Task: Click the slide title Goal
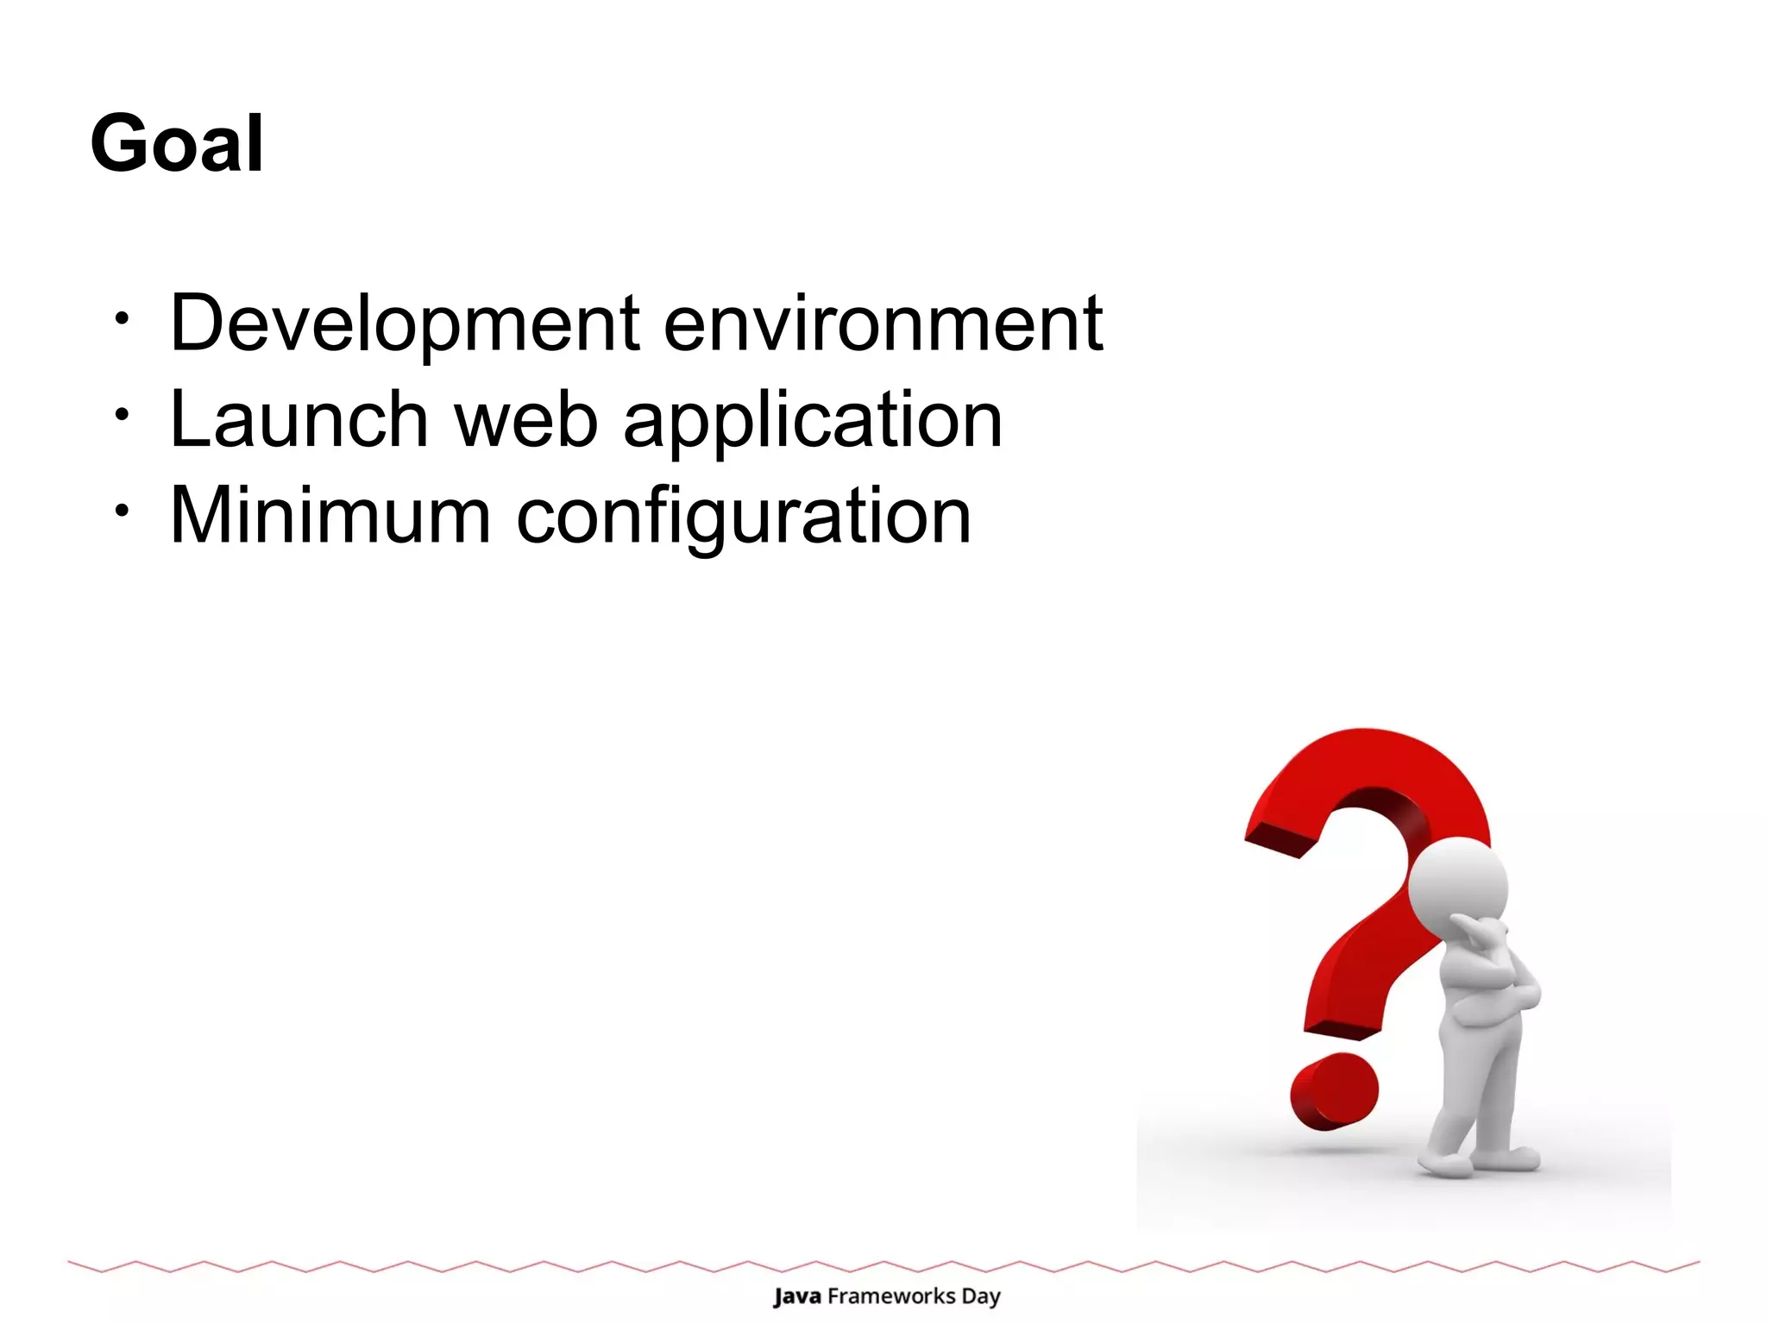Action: (x=177, y=143)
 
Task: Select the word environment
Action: (x=883, y=323)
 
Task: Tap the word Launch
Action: (x=299, y=420)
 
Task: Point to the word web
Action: (x=526, y=420)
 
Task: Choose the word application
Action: (x=813, y=423)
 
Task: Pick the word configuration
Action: (x=744, y=519)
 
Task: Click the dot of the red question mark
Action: (x=1333, y=1091)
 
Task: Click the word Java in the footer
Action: (x=796, y=1296)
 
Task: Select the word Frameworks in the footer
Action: (x=891, y=1296)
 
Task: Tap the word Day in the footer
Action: (x=981, y=1297)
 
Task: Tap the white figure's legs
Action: (x=1475, y=1087)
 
